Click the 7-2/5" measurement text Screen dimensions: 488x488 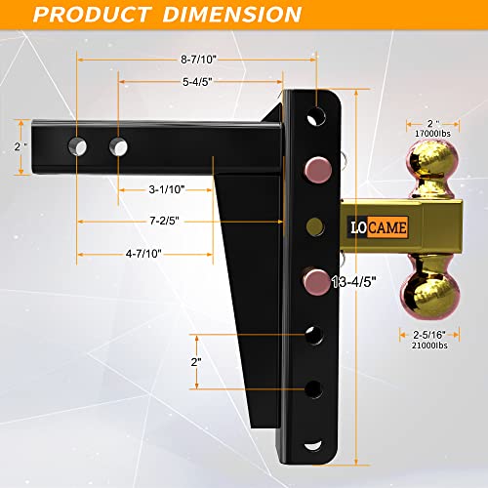[167, 223]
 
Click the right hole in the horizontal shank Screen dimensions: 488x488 [117, 146]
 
